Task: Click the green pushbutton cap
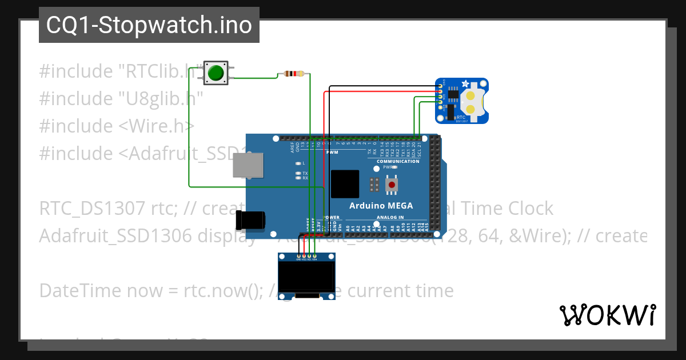(x=216, y=73)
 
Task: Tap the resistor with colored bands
(x=294, y=74)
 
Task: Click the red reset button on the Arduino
(x=392, y=185)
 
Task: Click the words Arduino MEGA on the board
(x=381, y=206)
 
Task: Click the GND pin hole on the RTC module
(x=440, y=86)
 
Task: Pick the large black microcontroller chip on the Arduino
(x=345, y=184)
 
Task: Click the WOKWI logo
(x=607, y=315)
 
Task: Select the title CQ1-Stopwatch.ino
(x=149, y=25)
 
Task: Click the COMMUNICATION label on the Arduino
(x=398, y=161)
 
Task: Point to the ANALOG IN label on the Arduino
(x=390, y=217)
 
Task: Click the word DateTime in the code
(x=74, y=291)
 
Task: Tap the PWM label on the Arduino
(x=332, y=153)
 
